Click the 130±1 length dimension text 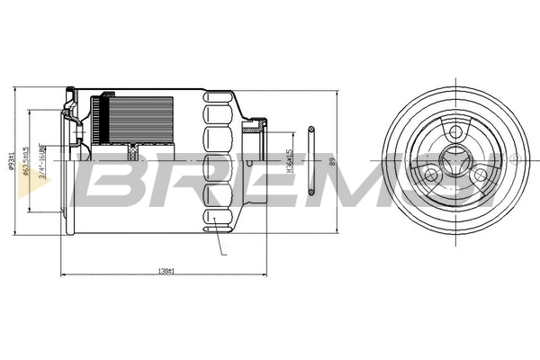pyautogui.click(x=166, y=270)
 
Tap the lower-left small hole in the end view pyautogui.click(x=428, y=175)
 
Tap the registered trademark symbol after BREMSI pyautogui.click(x=514, y=157)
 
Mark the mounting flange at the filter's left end pyautogui.click(x=68, y=162)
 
